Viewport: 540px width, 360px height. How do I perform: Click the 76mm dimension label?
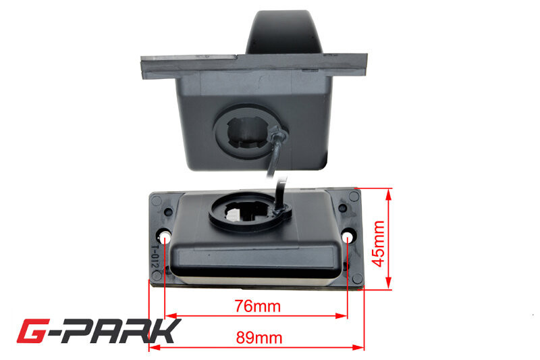tap(258, 306)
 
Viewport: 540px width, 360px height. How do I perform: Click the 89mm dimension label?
tap(259, 338)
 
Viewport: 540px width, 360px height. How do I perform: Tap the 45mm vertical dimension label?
tap(379, 244)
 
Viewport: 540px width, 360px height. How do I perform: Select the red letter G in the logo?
tap(33, 331)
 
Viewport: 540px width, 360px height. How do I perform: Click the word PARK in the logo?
tap(122, 332)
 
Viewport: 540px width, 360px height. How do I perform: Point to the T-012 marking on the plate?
tap(155, 256)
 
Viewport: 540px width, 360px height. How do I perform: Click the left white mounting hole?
tap(165, 237)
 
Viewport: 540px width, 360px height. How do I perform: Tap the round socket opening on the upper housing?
tap(246, 132)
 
